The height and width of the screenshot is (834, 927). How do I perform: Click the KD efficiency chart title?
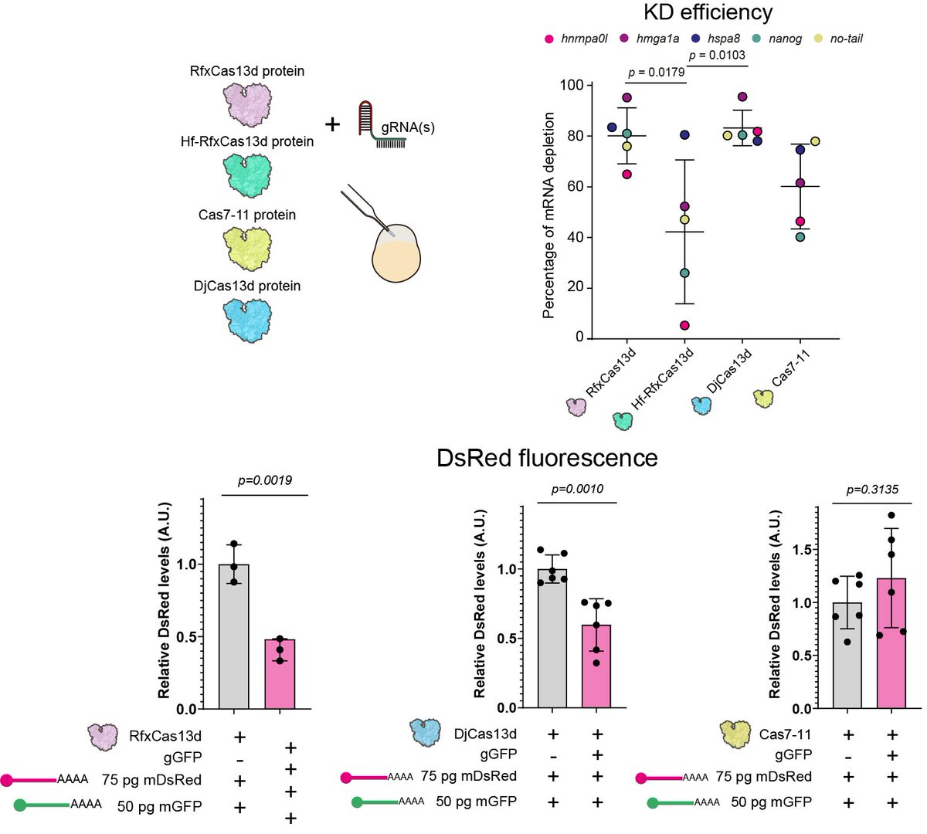pyautogui.click(x=707, y=12)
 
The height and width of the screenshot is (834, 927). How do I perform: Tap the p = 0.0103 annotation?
pyautogui.click(x=716, y=55)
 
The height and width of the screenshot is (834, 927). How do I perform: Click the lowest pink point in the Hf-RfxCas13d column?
pyautogui.click(x=684, y=325)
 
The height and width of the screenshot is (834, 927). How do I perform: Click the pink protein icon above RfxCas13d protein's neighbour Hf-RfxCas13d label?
pyautogui.click(x=247, y=105)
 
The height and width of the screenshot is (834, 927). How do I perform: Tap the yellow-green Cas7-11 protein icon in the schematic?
pyautogui.click(x=247, y=248)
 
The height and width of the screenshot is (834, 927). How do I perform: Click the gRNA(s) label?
pyautogui.click(x=408, y=127)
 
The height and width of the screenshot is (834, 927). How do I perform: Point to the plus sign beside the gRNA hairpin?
pyautogui.click(x=332, y=124)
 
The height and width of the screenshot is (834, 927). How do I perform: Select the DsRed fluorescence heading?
pyautogui.click(x=547, y=458)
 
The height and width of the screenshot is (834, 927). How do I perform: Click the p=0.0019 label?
pyautogui.click(x=264, y=480)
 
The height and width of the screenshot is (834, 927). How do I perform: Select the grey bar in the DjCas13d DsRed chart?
pyautogui.click(x=552, y=638)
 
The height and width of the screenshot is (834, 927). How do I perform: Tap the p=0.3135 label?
pyautogui.click(x=872, y=490)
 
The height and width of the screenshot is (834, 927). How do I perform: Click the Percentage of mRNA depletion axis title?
pyautogui.click(x=549, y=215)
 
